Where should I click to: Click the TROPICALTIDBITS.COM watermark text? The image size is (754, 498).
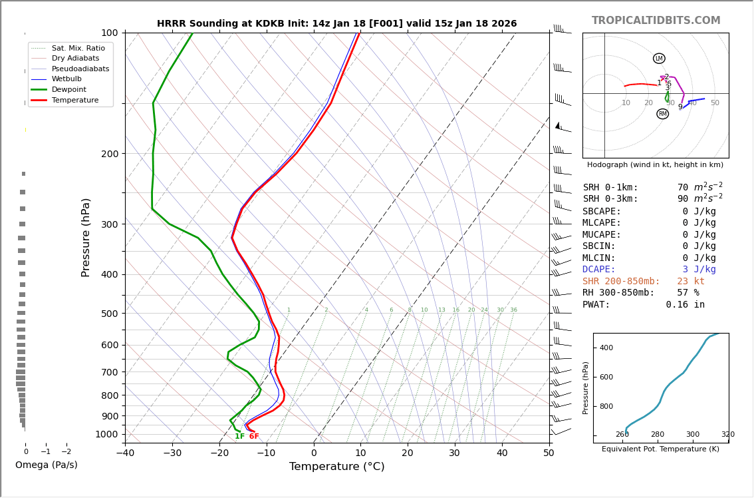(x=656, y=21)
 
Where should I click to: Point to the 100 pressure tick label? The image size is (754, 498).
(x=109, y=33)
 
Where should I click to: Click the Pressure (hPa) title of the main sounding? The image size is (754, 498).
(x=86, y=237)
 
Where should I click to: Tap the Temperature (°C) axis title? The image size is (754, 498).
(x=336, y=467)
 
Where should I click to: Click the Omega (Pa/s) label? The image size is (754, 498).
(x=47, y=465)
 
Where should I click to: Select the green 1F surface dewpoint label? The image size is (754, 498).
(x=239, y=437)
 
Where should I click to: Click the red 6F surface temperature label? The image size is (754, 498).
(x=254, y=437)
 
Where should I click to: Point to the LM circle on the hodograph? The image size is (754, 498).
(x=659, y=59)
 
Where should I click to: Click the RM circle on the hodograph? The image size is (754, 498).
(x=662, y=114)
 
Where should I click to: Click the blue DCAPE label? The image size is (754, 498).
(x=599, y=270)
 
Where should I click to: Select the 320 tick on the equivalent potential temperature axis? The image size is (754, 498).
(x=727, y=435)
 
